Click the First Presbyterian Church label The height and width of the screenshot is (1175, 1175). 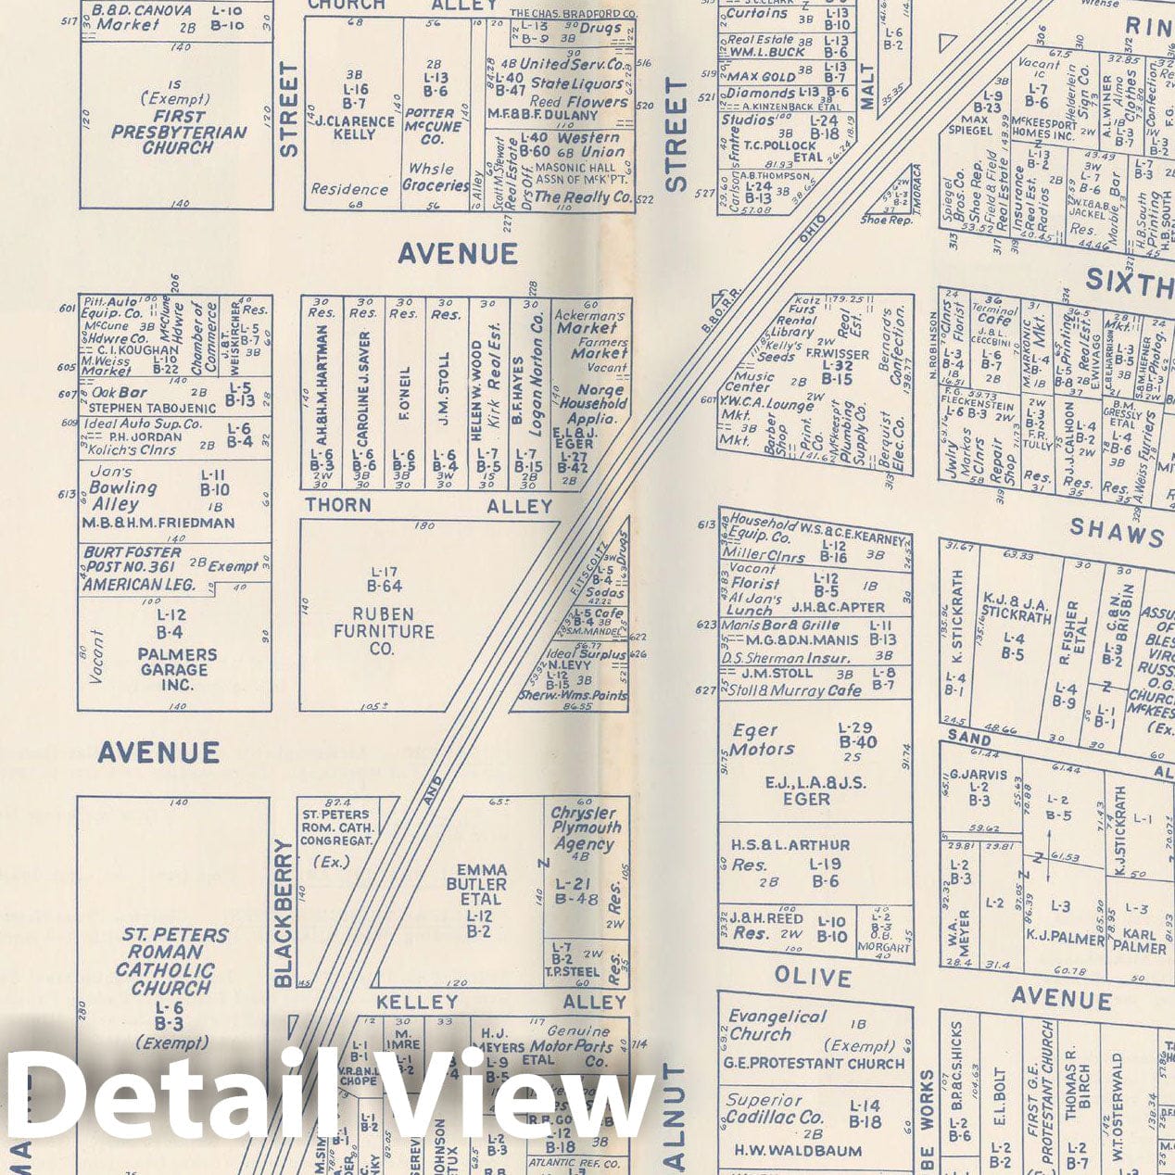point(178,132)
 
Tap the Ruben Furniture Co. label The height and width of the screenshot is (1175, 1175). point(384,631)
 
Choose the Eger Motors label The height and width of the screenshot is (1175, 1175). point(762,739)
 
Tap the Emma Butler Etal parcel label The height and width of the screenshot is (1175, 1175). point(482,885)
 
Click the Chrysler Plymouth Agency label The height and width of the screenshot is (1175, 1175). point(585,828)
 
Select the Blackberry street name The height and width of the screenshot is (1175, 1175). point(284,913)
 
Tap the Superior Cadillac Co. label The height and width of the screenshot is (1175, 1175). point(775,1108)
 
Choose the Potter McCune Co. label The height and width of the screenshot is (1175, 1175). point(434,126)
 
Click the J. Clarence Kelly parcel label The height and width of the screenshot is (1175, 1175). point(354,128)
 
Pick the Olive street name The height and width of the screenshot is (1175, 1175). point(813,978)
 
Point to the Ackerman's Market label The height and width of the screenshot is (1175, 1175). point(589,322)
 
